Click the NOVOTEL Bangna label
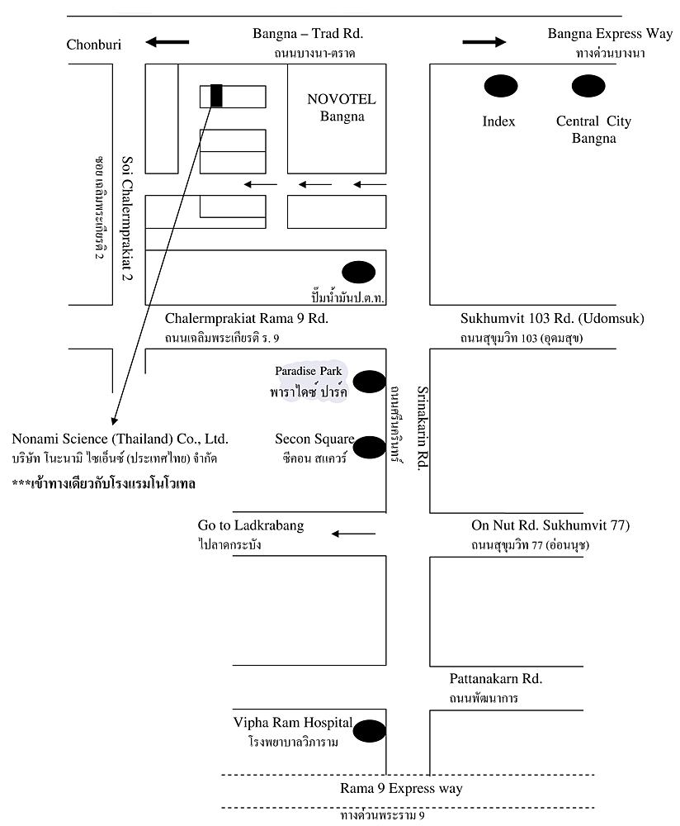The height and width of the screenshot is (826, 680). [342, 107]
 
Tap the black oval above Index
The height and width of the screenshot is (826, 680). [501, 86]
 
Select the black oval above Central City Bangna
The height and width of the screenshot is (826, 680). [588, 86]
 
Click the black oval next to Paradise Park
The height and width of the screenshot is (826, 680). [370, 382]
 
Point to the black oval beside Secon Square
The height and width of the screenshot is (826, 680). [370, 447]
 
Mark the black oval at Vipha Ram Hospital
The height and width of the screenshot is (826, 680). [370, 731]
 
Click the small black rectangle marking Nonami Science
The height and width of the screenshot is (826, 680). [216, 96]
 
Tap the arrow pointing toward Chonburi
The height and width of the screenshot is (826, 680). [168, 41]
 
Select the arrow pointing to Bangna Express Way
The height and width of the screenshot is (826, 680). [484, 41]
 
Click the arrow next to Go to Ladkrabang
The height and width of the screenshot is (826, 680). [354, 534]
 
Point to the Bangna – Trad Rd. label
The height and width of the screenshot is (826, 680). [308, 34]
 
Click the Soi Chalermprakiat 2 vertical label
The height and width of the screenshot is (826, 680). [127, 218]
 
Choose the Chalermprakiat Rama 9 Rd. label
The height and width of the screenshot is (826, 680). [246, 318]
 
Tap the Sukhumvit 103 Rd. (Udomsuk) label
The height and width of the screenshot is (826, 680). [552, 318]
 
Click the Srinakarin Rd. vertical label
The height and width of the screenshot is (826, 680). [423, 428]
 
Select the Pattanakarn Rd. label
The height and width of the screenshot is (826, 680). [496, 678]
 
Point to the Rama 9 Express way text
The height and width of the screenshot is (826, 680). [401, 789]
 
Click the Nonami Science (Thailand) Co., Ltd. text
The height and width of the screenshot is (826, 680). [120, 439]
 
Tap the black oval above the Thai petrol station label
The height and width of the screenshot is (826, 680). [359, 273]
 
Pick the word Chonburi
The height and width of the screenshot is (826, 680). [94, 45]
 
